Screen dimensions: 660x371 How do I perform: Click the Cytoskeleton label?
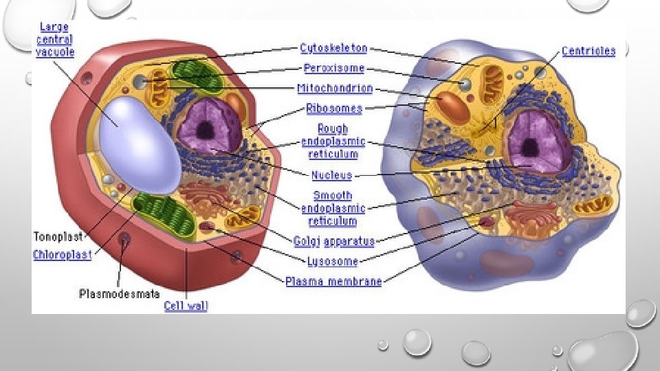(333, 49)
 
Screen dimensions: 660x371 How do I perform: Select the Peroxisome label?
(333, 69)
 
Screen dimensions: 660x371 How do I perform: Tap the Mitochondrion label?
(335, 89)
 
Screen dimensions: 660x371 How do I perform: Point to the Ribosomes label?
(334, 108)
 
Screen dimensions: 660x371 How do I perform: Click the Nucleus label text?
(331, 176)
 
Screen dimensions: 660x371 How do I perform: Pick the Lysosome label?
(332, 261)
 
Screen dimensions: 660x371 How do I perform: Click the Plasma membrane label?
(333, 282)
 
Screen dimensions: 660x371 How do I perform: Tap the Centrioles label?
(588, 51)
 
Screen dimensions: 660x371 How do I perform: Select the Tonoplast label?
(58, 237)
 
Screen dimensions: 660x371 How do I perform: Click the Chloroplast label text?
(62, 255)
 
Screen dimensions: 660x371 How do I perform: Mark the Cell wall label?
(186, 306)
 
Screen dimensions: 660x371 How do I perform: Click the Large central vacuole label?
(55, 40)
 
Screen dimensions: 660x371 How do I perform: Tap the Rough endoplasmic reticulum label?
(333, 141)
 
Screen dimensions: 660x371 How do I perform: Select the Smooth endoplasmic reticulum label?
(333, 208)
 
